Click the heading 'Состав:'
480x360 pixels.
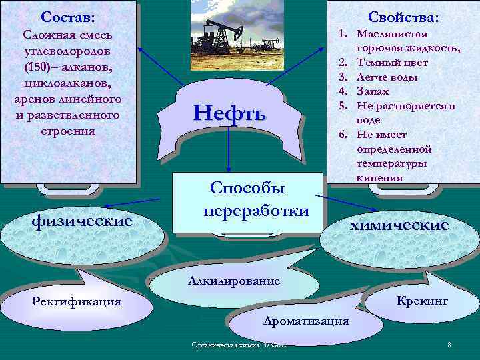[x=67, y=15]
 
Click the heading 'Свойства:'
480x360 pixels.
[x=408, y=16]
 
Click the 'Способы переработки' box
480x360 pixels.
[x=247, y=199]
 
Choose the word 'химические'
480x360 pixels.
[x=399, y=225]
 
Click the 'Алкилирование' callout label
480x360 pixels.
[x=225, y=281]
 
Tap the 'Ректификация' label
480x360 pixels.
[x=77, y=301]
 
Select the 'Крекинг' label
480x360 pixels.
[x=422, y=301]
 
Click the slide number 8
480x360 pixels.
[x=449, y=345]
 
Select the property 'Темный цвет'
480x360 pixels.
[x=392, y=63]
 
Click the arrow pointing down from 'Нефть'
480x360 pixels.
[x=229, y=157]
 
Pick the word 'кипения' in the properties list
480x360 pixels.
[x=380, y=177]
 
